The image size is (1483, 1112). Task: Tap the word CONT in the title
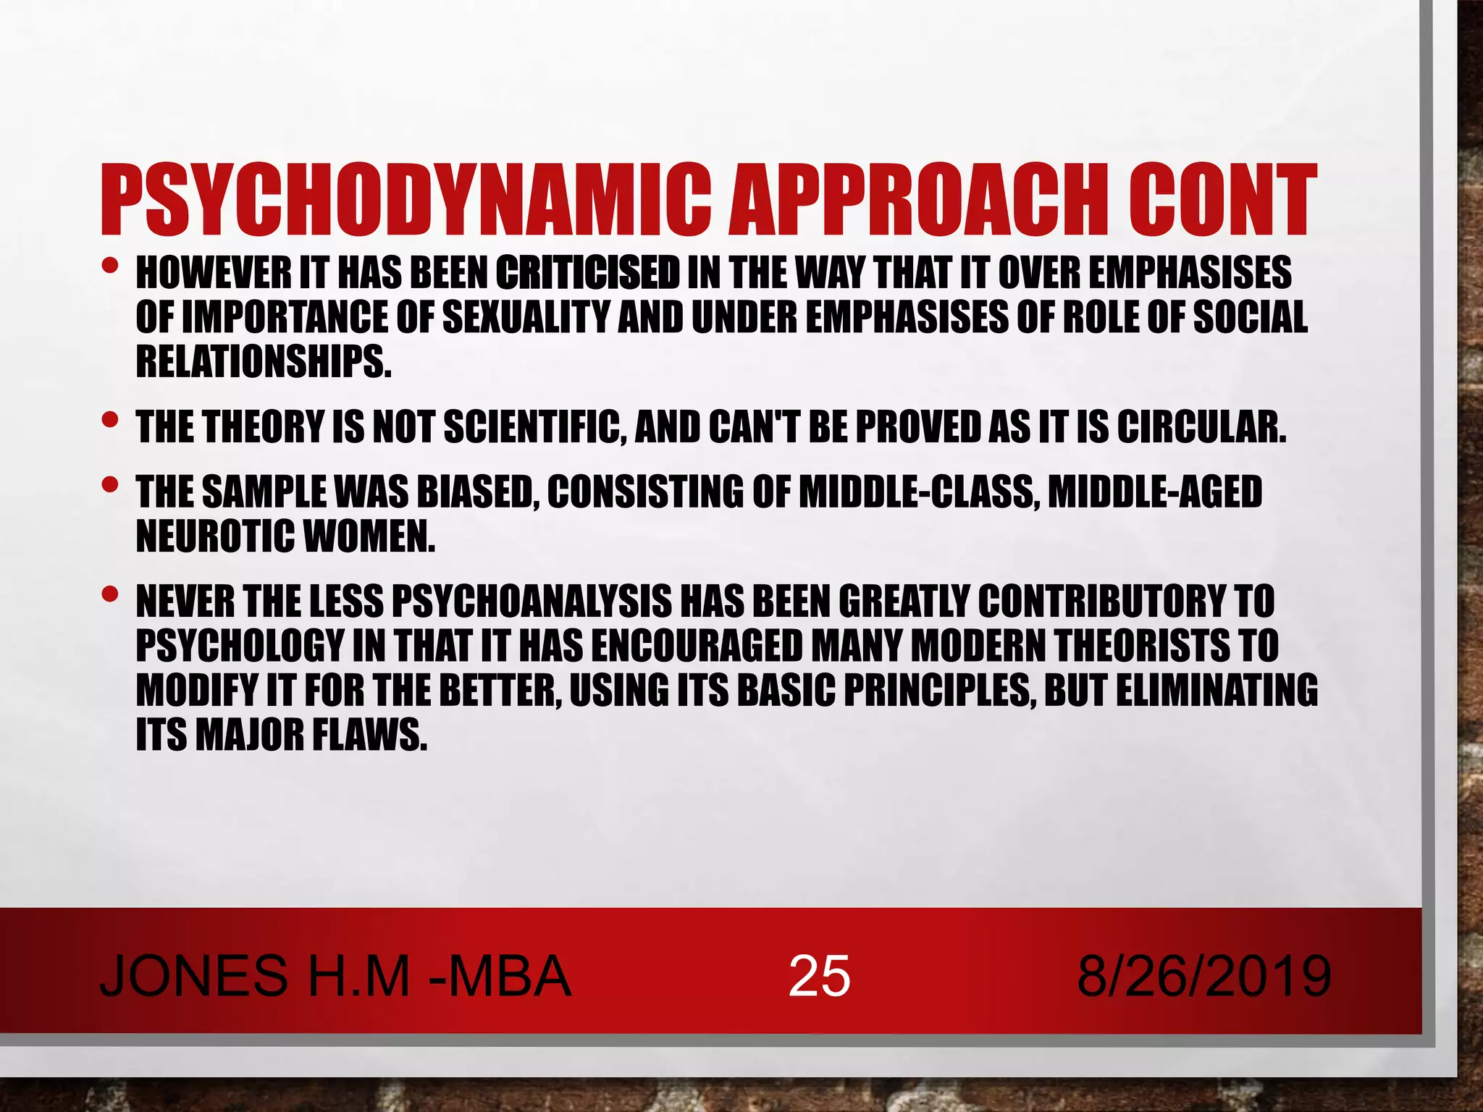point(1220,201)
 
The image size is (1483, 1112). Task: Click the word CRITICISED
point(587,273)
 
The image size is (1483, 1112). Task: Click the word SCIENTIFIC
point(535,427)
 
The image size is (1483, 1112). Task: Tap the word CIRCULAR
point(1202,427)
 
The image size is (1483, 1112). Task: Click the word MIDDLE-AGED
point(1155,492)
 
